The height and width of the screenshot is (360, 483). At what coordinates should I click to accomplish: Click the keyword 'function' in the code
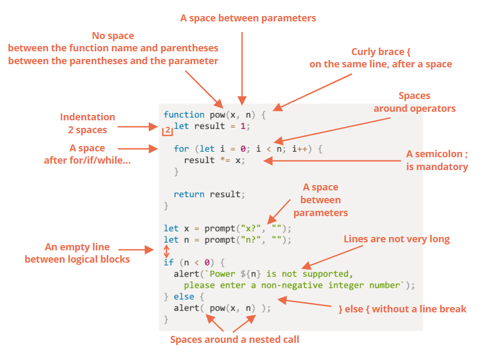click(184, 114)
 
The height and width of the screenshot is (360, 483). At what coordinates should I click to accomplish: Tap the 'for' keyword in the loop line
click(181, 149)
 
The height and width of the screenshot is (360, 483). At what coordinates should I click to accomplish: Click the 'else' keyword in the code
click(184, 296)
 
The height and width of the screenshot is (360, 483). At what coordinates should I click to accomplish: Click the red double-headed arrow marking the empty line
click(166, 251)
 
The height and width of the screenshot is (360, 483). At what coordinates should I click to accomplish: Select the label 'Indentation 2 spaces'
click(87, 123)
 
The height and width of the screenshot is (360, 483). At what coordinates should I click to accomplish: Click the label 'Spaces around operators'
click(415, 102)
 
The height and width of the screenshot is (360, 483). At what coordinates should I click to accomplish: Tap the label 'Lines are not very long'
click(396, 239)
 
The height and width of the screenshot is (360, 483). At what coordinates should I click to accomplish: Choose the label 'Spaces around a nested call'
click(234, 339)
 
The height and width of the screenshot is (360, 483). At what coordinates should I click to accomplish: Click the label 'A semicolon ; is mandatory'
click(437, 160)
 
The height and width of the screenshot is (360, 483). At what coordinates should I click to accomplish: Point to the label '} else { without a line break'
click(403, 309)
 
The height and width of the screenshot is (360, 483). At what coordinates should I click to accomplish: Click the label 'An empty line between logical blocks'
click(78, 253)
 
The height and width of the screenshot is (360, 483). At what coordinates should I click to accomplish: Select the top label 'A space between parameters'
click(248, 18)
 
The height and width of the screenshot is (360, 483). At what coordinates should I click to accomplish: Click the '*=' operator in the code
click(226, 160)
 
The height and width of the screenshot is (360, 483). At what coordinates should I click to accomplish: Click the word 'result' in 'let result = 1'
click(210, 126)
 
